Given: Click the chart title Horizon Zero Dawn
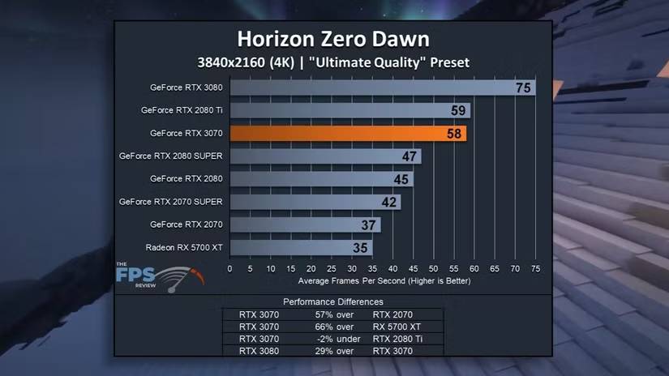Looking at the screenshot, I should coord(332,39).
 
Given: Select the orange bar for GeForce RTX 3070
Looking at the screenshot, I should coord(349,133).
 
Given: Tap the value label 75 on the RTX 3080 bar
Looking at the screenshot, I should coord(523,88).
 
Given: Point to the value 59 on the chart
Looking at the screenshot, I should coord(458,110).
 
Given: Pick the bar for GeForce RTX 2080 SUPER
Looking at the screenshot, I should coord(324,156).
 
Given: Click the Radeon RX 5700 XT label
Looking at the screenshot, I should coord(184,247).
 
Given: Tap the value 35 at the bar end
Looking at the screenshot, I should coord(361,247).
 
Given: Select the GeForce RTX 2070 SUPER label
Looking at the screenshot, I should coord(171,201).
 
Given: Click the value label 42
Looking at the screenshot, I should coord(389,202).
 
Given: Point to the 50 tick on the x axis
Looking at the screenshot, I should coord(434,267).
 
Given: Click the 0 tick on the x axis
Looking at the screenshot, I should coord(230,267).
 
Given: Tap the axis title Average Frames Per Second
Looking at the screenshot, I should coord(384,280).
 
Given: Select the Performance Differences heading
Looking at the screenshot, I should coord(333,301).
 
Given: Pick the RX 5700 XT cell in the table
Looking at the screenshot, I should coord(396,327).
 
